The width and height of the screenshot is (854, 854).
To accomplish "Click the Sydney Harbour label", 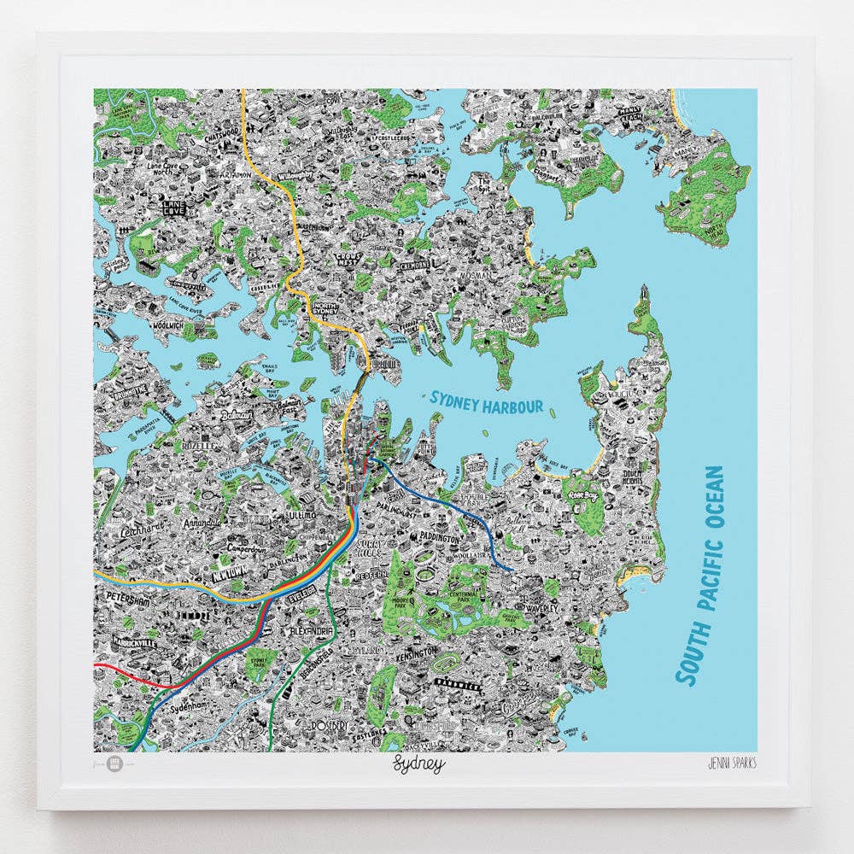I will (487, 401).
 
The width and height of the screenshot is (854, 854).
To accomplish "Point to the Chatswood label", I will (202, 134).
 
